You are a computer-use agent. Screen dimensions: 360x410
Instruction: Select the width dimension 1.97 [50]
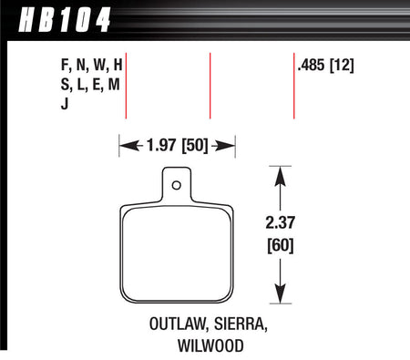pos(178,143)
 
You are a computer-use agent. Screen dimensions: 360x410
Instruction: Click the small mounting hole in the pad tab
pos(178,187)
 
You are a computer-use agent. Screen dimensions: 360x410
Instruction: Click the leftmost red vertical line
pos(126,87)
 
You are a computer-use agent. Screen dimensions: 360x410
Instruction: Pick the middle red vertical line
pos(210,87)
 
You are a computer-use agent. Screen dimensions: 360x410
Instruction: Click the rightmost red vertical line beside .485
pos(293,87)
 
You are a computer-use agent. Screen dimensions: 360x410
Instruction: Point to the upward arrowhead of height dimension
pos(281,173)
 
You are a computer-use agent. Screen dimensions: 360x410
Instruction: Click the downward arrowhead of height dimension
pos(281,299)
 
